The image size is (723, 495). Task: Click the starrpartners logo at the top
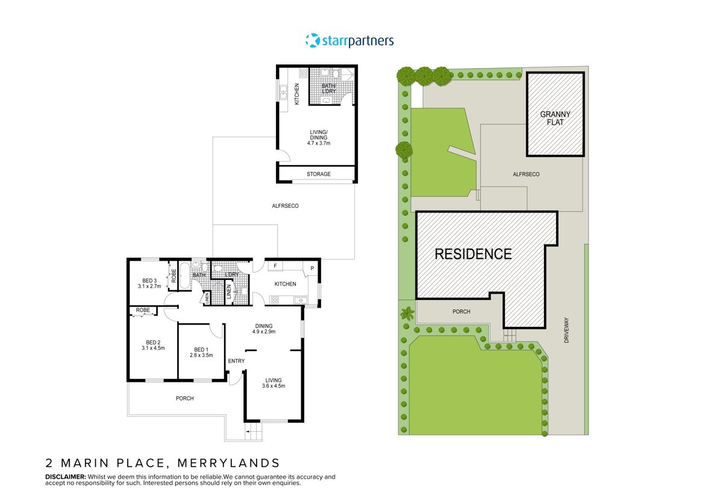[349, 40]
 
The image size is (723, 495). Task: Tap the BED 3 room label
[149, 281]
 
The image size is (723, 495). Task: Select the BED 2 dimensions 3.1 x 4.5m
[152, 348]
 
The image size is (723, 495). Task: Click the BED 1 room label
[201, 349]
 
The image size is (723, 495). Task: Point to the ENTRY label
[236, 361]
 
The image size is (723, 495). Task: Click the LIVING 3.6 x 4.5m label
[274, 382]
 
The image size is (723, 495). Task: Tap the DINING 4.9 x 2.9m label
[264, 329]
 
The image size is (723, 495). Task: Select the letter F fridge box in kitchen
[275, 266]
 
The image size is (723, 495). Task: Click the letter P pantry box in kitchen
[313, 269]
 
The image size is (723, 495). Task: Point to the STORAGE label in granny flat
[319, 174]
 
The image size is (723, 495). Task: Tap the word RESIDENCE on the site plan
[473, 254]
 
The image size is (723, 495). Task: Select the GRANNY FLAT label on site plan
[555, 117]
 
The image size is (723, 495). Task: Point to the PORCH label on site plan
[460, 311]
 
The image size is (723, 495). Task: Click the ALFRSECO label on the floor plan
[286, 206]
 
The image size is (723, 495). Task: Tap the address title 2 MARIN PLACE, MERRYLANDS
[163, 463]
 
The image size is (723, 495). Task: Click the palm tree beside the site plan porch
[408, 313]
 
